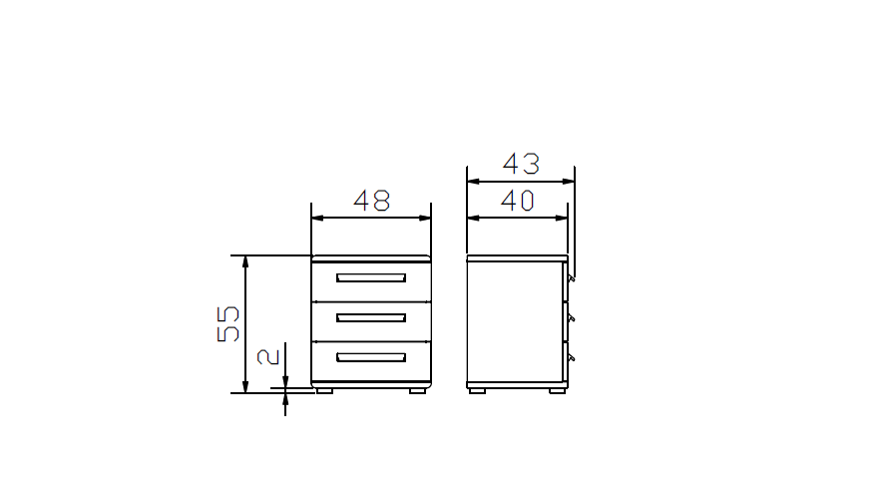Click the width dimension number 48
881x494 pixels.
[372, 201]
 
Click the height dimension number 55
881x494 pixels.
[228, 323]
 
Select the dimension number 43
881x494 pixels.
[520, 164]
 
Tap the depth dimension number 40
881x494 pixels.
[517, 201]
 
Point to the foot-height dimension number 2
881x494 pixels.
[267, 356]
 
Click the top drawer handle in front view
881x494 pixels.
[371, 277]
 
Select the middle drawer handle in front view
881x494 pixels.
[371, 317]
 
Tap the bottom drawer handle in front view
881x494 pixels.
[371, 356]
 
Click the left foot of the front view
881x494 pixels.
[324, 391]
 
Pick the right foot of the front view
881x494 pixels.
[418, 391]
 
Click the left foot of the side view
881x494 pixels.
[478, 391]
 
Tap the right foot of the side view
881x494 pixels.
[555, 391]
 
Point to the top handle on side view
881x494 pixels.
[571, 281]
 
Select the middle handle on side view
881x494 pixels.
[571, 319]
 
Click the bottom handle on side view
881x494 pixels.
[571, 356]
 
